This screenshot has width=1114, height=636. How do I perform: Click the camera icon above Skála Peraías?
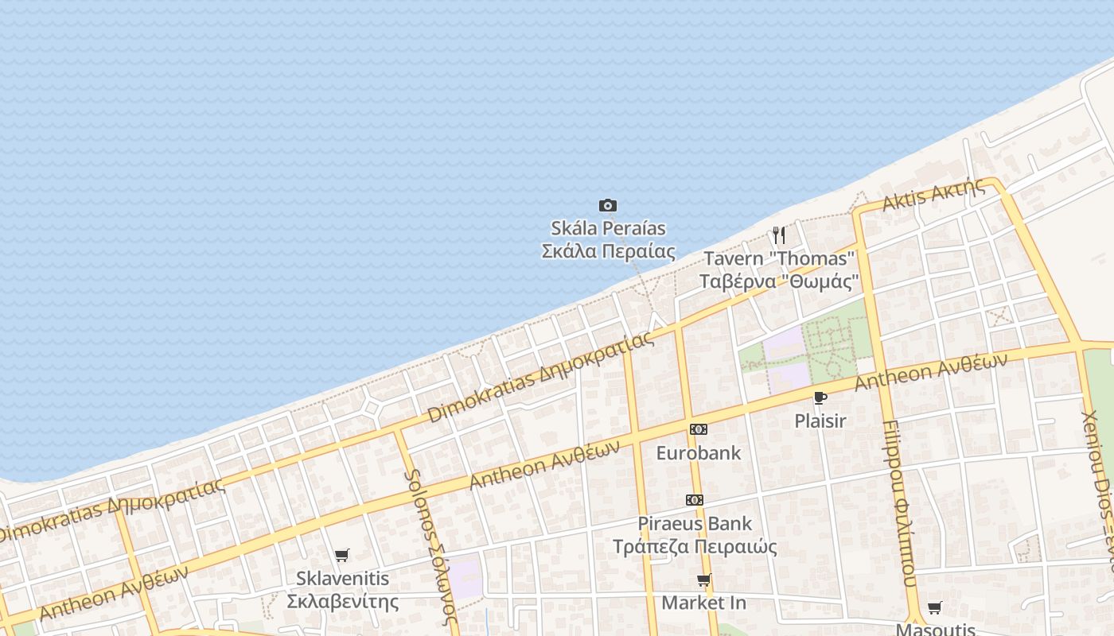608,206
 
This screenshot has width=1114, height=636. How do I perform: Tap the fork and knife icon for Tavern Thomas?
779,235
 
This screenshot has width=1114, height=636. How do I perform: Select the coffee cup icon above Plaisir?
820,397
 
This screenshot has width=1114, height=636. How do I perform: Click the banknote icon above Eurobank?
698,429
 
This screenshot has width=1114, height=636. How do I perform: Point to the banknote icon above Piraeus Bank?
695,500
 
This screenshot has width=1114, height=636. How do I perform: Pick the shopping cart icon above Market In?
703,580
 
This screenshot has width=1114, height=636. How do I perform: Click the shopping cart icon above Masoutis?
935,608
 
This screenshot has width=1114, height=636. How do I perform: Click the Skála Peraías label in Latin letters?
608,229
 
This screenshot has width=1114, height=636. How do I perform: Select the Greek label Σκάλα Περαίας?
608,252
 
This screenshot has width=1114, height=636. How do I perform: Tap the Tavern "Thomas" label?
779,258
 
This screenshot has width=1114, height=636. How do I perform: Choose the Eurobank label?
698,453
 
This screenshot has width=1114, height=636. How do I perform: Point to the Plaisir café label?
820,421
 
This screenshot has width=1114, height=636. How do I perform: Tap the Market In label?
703,603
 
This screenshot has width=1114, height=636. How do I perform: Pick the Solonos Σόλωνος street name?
430,547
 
